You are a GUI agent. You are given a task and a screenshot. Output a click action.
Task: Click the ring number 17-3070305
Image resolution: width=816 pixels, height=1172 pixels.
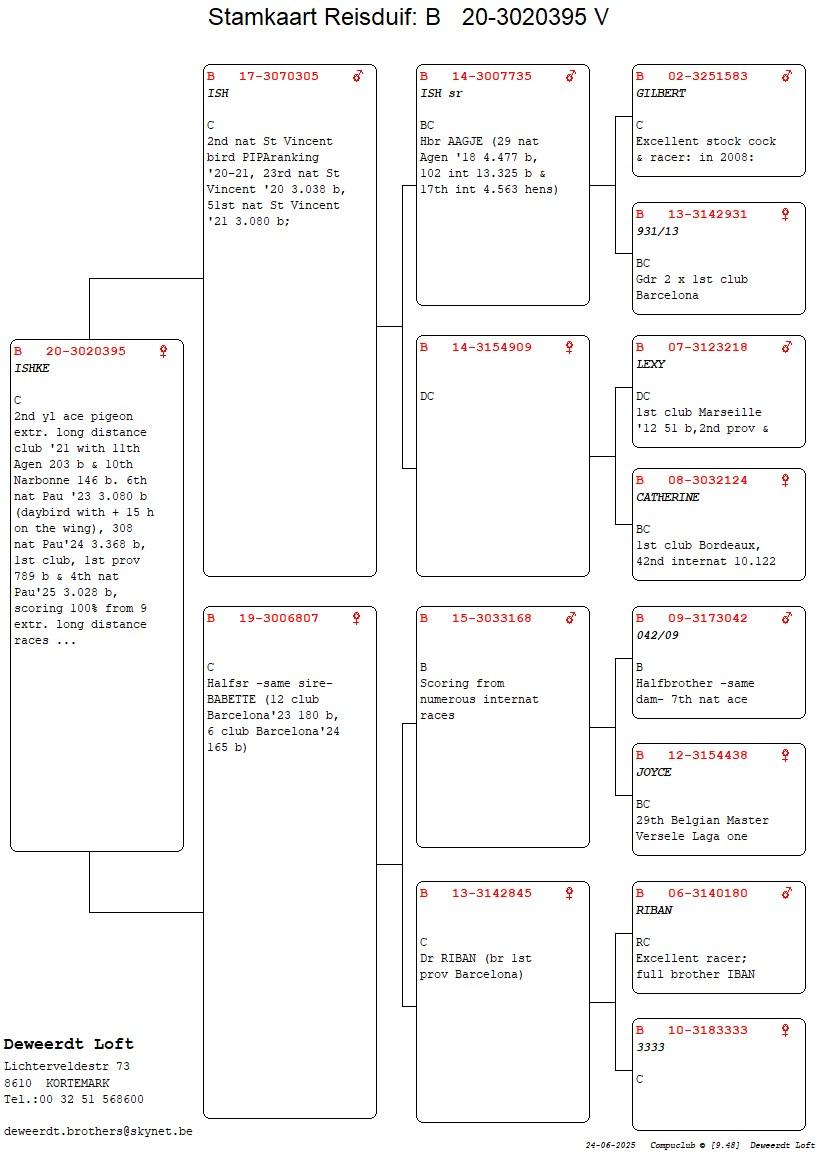click(x=279, y=76)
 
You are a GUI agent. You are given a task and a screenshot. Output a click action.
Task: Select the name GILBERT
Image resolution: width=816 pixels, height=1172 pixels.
click(x=661, y=93)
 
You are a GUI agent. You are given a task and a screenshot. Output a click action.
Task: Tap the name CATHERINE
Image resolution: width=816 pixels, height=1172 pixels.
click(x=667, y=497)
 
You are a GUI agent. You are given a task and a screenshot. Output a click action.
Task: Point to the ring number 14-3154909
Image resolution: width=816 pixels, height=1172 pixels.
click(x=492, y=347)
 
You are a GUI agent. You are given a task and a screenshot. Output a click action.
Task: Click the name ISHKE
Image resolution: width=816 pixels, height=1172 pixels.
click(x=31, y=368)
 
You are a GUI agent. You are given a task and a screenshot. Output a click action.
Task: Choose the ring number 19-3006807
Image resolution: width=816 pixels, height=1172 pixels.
click(x=279, y=618)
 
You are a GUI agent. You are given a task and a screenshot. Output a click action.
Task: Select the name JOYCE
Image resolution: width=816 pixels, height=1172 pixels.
click(x=654, y=772)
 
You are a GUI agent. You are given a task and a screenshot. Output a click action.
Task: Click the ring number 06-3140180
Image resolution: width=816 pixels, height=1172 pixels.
click(x=708, y=893)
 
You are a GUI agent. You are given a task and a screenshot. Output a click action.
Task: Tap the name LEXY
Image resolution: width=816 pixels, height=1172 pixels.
click(x=650, y=364)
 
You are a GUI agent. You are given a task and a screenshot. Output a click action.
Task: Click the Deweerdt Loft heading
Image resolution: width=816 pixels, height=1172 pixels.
click(x=69, y=1043)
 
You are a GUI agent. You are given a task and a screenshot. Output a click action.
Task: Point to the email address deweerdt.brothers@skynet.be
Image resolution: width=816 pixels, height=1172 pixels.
click(x=98, y=1132)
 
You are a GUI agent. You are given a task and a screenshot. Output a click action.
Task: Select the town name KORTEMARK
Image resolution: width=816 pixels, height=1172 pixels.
click(x=78, y=1083)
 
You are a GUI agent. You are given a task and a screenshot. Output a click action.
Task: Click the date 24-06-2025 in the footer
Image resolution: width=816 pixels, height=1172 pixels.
click(x=611, y=1145)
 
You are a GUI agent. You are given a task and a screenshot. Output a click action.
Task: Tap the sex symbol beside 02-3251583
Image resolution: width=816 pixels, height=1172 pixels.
click(x=787, y=75)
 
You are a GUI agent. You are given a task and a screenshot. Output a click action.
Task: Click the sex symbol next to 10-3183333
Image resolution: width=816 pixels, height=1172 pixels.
click(x=785, y=1030)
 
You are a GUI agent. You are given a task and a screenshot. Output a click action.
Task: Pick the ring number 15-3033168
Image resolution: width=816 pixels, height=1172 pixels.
click(x=492, y=618)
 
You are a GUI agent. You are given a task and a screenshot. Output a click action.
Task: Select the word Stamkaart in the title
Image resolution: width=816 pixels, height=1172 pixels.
click(x=261, y=16)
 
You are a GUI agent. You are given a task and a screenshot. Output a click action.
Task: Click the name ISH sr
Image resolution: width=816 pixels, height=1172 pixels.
click(x=441, y=93)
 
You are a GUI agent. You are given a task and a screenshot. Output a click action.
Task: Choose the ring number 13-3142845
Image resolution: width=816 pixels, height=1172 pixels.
click(x=492, y=893)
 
